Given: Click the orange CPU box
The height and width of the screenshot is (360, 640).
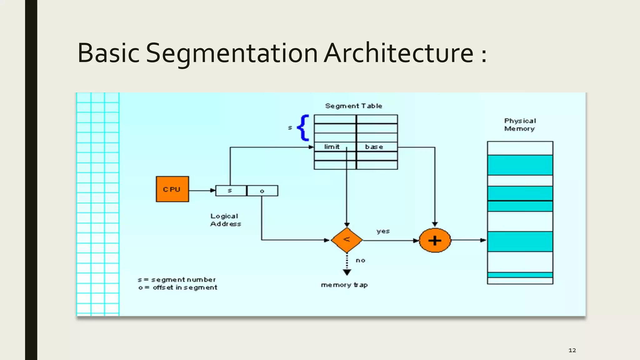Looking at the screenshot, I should pyautogui.click(x=172, y=189).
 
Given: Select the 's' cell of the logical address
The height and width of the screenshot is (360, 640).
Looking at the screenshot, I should pyautogui.click(x=231, y=191).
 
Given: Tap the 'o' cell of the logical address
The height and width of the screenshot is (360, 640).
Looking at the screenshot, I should pyautogui.click(x=262, y=191).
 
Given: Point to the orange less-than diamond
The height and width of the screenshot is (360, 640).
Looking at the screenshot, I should pyautogui.click(x=347, y=240).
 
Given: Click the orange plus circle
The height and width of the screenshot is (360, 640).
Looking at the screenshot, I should pyautogui.click(x=435, y=240).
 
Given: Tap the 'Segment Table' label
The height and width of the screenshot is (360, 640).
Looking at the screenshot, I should pyautogui.click(x=353, y=106).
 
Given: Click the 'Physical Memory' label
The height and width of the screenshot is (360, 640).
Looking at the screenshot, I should pyautogui.click(x=520, y=125).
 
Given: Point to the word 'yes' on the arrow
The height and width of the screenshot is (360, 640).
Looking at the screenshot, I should pyautogui.click(x=383, y=231).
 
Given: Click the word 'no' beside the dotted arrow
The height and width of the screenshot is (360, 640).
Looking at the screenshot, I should pyautogui.click(x=360, y=260).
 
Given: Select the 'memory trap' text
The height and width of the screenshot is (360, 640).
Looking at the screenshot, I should pyautogui.click(x=344, y=285).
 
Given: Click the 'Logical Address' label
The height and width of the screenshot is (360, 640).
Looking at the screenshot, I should pyautogui.click(x=225, y=220).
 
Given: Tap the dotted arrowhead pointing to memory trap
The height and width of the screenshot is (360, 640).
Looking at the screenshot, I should pyautogui.click(x=347, y=272).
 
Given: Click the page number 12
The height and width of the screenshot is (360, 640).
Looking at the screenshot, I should pyautogui.click(x=572, y=350).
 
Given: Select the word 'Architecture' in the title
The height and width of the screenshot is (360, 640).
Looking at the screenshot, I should pyautogui.click(x=398, y=53).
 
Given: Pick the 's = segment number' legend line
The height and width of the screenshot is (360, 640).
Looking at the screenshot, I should pyautogui.click(x=177, y=279).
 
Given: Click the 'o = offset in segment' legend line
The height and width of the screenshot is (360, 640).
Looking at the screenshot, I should pyautogui.click(x=177, y=287).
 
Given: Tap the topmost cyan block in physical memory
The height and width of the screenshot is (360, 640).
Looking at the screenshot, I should pyautogui.click(x=520, y=165).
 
